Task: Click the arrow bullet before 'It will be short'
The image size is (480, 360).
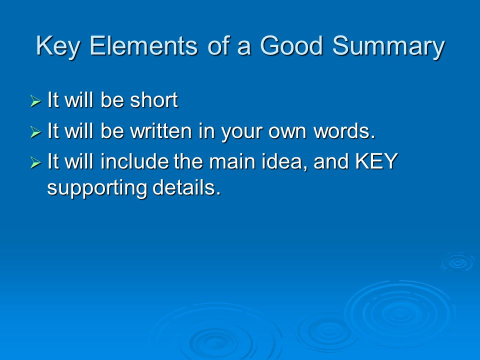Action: [35, 102]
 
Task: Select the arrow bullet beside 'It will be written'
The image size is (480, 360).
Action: [35, 133]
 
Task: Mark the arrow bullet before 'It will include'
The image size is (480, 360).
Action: [35, 163]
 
